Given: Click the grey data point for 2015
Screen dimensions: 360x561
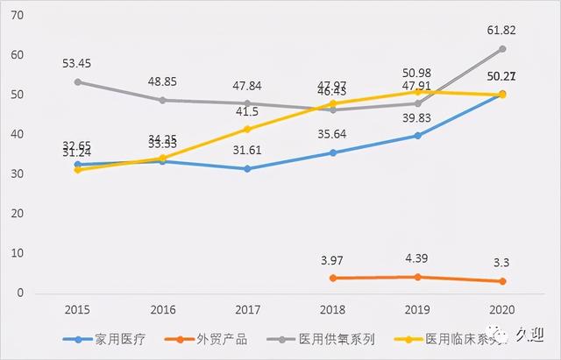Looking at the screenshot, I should (77, 81).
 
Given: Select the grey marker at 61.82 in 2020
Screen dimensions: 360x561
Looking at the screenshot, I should (502, 48).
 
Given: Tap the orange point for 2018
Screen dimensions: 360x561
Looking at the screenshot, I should (332, 278).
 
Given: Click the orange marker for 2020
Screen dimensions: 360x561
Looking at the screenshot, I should (502, 281).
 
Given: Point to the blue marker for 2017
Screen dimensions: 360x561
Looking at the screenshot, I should (247, 168).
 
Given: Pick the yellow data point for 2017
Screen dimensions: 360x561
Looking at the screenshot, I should (247, 129).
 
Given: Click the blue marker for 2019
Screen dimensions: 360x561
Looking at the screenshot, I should (417, 136).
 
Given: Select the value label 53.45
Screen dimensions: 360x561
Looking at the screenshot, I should (77, 63).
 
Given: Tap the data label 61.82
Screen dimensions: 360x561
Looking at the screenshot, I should (502, 30).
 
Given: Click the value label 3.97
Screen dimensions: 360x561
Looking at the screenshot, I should (334, 260).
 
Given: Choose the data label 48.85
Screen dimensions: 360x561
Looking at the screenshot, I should (162, 81).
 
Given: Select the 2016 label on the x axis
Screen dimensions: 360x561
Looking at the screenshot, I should (162, 310).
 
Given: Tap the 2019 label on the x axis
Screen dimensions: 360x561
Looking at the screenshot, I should (417, 310).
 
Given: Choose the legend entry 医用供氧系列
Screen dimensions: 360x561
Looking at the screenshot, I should (335, 339).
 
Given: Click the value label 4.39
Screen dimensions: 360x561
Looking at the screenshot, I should (418, 259).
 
